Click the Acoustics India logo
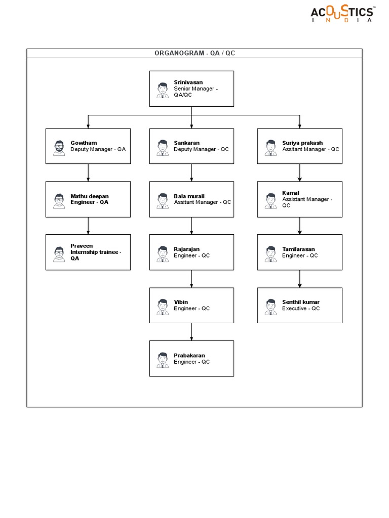tap(343, 14)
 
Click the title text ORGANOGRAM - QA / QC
tap(194, 54)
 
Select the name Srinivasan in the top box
tap(188, 82)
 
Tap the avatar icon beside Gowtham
tap(59, 148)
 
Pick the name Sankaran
tap(186, 143)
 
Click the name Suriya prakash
tap(302, 143)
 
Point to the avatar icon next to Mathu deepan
tap(59, 201)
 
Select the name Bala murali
tap(189, 196)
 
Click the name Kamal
tap(291, 193)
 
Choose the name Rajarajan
tap(187, 249)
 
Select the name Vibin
tap(181, 302)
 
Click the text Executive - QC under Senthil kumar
tap(301, 309)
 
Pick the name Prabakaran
tap(189, 356)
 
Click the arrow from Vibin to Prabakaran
tap(191, 331)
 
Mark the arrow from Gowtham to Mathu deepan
tap(88, 172)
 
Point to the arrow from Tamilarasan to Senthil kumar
tap(300, 279)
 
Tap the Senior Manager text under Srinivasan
tap(196, 89)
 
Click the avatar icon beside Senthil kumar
tap(270, 307)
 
